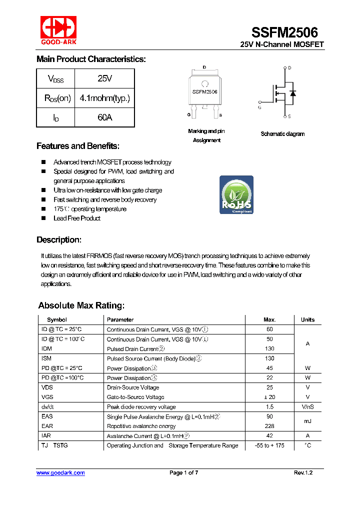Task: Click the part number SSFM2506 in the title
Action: coord(284,32)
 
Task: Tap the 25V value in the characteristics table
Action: coord(105,78)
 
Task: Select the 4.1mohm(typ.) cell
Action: coord(104,98)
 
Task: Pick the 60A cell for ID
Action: coord(105,117)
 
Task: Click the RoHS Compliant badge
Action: coord(236,195)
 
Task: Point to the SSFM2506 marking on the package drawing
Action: coord(204,92)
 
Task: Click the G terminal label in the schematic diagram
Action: coord(259,107)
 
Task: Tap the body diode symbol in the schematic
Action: coord(293,93)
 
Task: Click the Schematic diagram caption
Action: coord(282,134)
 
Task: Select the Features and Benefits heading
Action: coord(78,146)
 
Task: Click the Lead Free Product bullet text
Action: coord(77,218)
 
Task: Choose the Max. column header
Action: coord(269,319)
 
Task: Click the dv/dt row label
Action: coord(48,407)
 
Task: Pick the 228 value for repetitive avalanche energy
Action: coord(269,426)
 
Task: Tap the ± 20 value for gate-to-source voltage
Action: coord(269,397)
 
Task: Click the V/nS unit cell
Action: coord(307,407)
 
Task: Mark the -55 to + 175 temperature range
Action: coord(269,445)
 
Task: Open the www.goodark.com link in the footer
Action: coord(60,473)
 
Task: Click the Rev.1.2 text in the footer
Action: coord(303,473)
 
